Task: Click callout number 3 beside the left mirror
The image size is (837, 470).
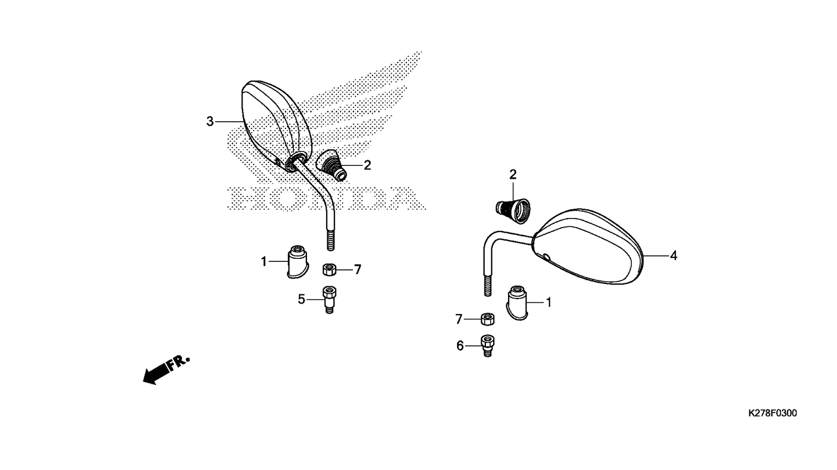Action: pos(210,121)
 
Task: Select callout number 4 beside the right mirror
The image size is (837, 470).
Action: pos(673,256)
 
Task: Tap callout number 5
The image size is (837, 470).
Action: pos(301,299)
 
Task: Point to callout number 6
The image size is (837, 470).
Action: pos(460,346)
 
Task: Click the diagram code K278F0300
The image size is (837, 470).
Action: pos(773,413)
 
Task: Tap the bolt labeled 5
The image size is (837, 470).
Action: pos(329,300)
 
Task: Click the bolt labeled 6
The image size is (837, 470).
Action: pos(487,346)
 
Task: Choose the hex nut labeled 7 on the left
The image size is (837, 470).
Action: pos(329,269)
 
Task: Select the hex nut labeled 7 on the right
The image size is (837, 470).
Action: pos(487,319)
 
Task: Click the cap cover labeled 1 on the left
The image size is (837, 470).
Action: pos(297,262)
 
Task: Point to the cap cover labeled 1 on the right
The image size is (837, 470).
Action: pos(517,303)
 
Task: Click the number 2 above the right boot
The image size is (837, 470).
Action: pos(513,174)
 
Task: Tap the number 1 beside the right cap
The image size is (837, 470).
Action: pos(548,302)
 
